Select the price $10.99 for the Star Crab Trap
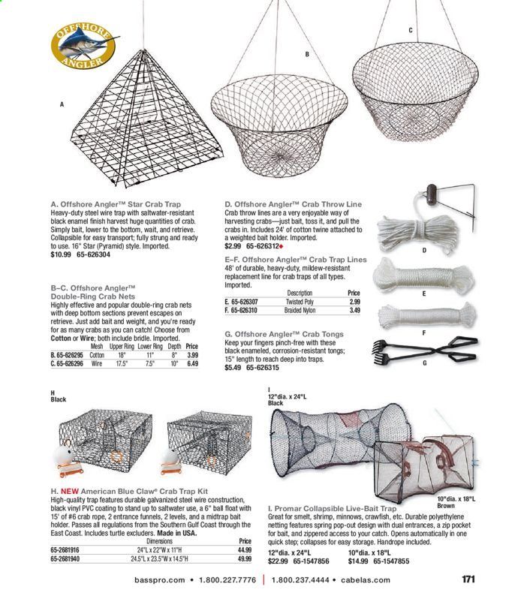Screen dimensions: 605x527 pyautogui.click(x=60, y=254)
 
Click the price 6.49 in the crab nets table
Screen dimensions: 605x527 pyautogui.click(x=191, y=363)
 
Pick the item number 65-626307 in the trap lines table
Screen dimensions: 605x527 pyautogui.click(x=249, y=301)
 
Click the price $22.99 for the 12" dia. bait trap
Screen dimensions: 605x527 pyautogui.click(x=279, y=560)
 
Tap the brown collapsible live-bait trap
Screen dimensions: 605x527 pyautogui.click(x=444, y=466)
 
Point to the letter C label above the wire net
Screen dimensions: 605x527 pyautogui.click(x=410, y=30)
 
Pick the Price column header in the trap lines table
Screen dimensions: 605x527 pyautogui.click(x=354, y=293)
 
